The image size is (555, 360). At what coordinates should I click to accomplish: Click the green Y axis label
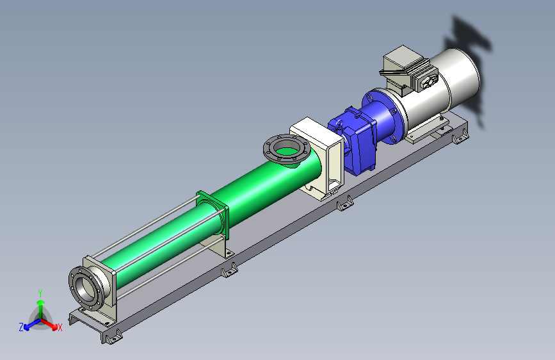click(x=40, y=293)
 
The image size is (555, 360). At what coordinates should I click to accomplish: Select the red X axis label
click(x=60, y=328)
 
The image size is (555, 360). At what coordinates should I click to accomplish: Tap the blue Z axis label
click(x=21, y=327)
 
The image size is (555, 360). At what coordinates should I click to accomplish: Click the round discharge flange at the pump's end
click(x=86, y=288)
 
